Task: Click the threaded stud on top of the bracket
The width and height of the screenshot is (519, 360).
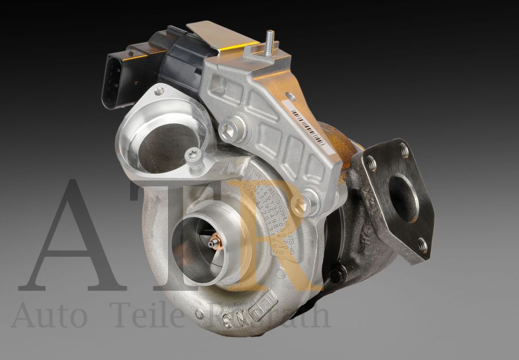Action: pos(269,43)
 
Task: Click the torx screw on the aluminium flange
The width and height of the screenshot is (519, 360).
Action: pos(194,155)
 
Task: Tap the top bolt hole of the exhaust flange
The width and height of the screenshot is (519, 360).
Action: pos(404,151)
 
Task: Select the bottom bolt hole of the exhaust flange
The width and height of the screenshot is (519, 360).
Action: pos(422,246)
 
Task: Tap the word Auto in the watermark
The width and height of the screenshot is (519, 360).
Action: pos(49,317)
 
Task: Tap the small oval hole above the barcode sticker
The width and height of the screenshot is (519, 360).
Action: pos(291,97)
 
